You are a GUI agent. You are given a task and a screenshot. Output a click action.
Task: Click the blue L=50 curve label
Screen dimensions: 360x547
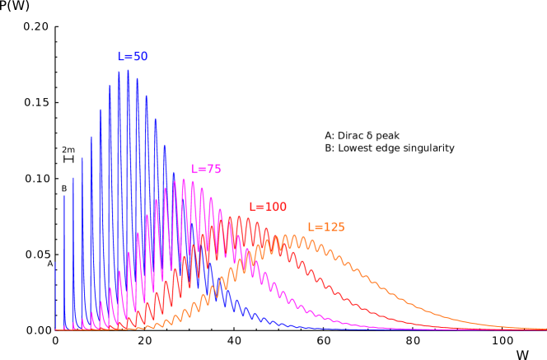pyautogui.click(x=133, y=57)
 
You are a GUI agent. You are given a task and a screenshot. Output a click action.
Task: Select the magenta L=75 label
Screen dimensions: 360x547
pyautogui.click(x=206, y=169)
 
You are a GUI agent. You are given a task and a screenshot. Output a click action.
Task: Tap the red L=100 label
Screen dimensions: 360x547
pyautogui.click(x=268, y=208)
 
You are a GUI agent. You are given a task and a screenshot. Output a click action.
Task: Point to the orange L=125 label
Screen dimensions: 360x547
pyautogui.click(x=326, y=227)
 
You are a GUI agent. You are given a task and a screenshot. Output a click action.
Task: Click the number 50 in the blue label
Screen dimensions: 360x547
pyautogui.click(x=140, y=57)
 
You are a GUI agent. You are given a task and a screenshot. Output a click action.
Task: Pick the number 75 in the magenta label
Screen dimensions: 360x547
pyautogui.click(x=213, y=169)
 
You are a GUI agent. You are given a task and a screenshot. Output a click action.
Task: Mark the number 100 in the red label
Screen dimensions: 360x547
pyautogui.click(x=276, y=208)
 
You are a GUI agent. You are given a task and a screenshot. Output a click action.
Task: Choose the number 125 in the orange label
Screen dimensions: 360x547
pyautogui.click(x=334, y=227)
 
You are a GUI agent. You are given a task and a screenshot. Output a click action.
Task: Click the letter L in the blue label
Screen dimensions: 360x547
pyautogui.click(x=120, y=57)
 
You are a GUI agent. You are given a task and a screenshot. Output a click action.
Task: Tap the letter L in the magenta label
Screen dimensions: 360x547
pyautogui.click(x=194, y=169)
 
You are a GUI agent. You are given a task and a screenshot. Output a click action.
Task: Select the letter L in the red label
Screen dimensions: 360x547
pyautogui.click(x=252, y=208)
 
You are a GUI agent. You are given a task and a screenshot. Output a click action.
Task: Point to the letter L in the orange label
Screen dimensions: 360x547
pyautogui.click(x=311, y=227)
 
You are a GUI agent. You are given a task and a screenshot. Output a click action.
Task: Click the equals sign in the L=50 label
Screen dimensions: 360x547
pyautogui.click(x=128, y=57)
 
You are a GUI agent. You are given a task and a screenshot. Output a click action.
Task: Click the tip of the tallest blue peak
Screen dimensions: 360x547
pyautogui.click(x=128, y=70)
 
